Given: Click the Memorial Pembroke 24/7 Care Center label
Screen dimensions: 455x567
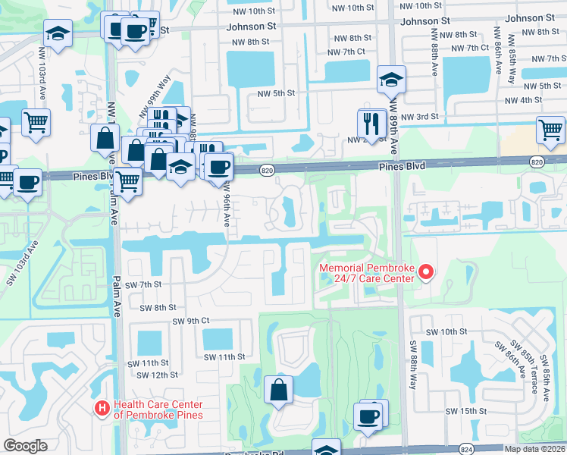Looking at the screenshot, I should pos(367,273).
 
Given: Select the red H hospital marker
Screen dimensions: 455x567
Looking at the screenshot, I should pos(102,409).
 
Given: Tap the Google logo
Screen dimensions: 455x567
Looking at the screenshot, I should pos(25,446).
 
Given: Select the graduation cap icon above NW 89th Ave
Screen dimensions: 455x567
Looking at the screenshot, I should pos(390,80).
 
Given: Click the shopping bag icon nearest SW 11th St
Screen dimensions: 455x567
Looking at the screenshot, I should pos(278,390).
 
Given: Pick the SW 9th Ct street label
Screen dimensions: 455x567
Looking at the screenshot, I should pos(190,321).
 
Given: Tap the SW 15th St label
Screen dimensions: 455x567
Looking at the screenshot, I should pos(465,410).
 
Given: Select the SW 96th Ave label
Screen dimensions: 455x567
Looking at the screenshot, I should pos(226,207).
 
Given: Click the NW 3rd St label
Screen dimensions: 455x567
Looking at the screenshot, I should pos(420,116).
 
